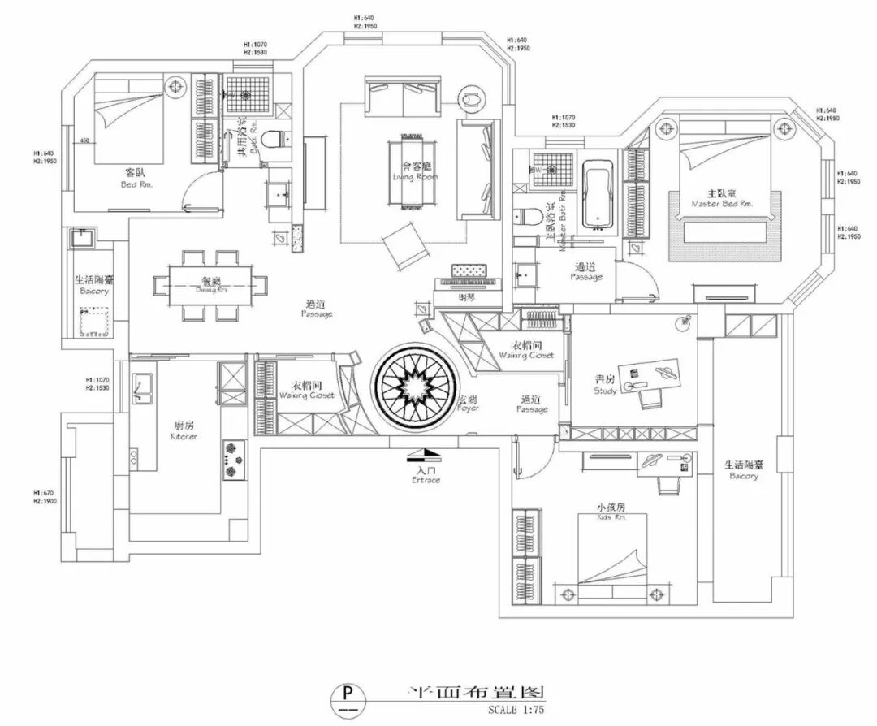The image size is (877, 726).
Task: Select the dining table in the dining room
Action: pos(210,286)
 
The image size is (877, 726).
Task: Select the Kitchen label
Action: pos(184,431)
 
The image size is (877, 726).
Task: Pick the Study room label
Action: pos(605,384)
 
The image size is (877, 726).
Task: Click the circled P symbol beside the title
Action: pos(348,695)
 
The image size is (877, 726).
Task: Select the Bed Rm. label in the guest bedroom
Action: pos(134,178)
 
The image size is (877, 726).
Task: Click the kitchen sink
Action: pos(143,387)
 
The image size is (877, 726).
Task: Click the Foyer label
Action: pos(467,404)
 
